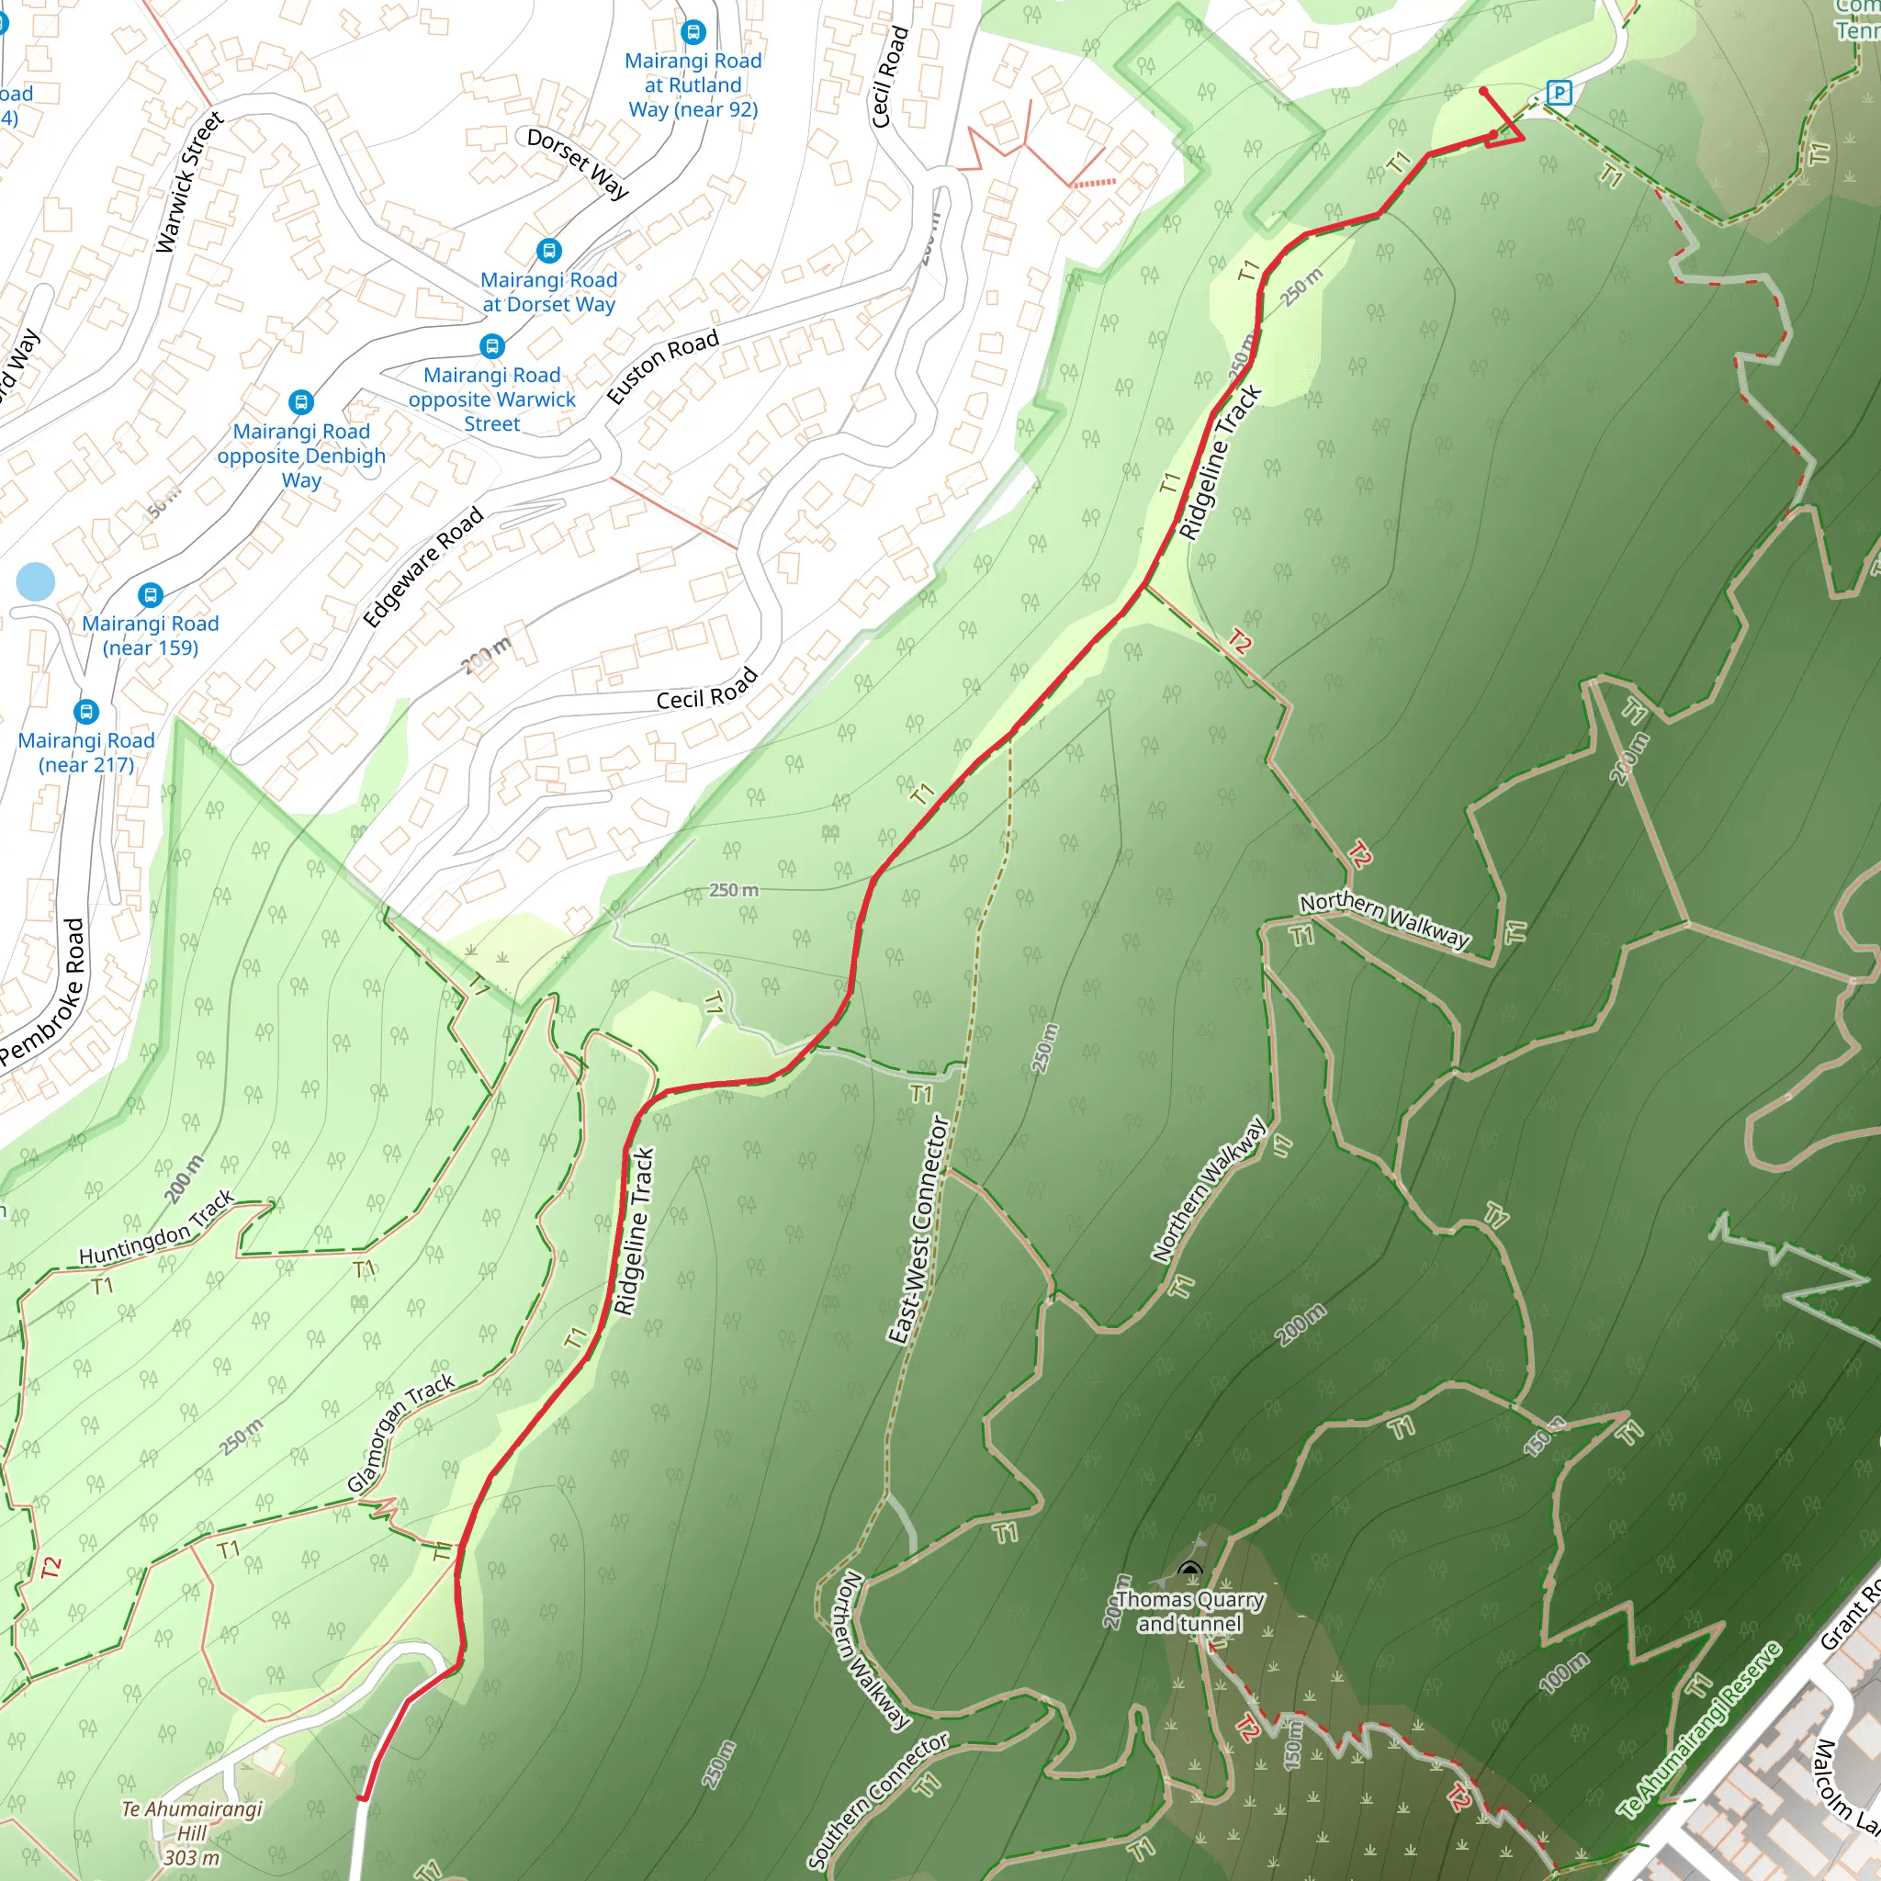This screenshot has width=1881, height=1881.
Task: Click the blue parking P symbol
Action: (1559, 93)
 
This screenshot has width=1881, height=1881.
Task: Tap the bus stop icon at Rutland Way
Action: (693, 32)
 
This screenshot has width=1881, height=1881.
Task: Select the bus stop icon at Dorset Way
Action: (549, 251)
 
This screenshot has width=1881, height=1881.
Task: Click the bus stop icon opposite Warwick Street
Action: (492, 346)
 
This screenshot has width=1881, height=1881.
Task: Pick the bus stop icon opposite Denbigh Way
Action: (302, 402)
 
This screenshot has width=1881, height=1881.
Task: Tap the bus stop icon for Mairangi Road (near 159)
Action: (150, 595)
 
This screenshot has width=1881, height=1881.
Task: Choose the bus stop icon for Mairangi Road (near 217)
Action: (86, 712)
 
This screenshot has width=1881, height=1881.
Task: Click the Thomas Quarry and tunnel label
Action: (1189, 1611)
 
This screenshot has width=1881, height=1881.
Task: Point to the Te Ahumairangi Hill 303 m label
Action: (192, 1833)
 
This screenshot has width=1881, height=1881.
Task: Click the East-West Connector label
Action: (918, 1230)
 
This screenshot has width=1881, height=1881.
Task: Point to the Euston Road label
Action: (662, 366)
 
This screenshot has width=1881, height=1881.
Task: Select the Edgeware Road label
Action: (422, 566)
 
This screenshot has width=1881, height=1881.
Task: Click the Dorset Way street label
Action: (579, 163)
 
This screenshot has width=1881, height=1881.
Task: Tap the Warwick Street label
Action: (190, 182)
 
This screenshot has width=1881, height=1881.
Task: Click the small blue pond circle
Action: (36, 581)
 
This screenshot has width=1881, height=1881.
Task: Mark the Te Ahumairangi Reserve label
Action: (1699, 1729)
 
